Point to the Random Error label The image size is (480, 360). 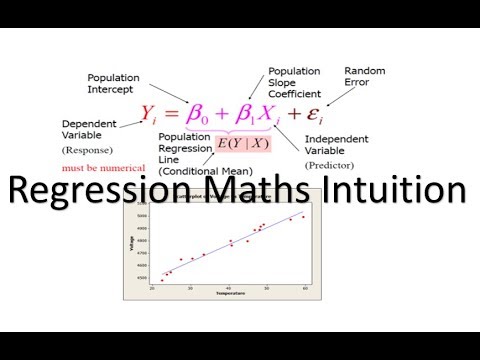coord(364,76)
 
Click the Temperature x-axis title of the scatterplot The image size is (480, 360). coord(229,295)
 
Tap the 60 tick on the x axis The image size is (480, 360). coord(304,287)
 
